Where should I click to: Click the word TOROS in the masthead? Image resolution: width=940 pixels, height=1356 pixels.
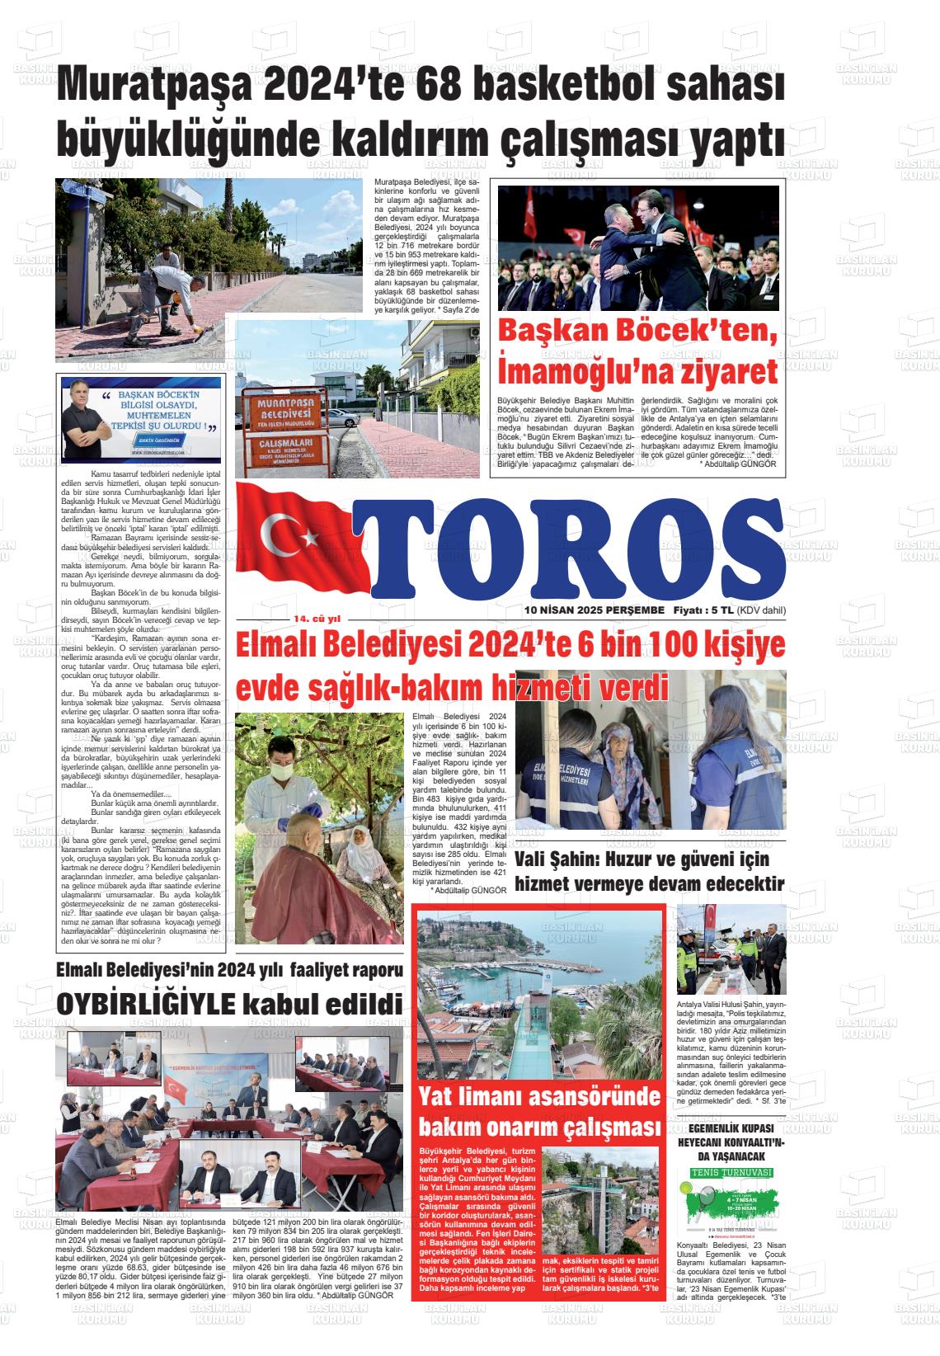tap(569, 549)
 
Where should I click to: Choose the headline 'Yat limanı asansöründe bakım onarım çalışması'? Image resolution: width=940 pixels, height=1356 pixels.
tap(540, 1112)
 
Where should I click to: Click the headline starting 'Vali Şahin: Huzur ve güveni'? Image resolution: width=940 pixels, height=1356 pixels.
tap(649, 871)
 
